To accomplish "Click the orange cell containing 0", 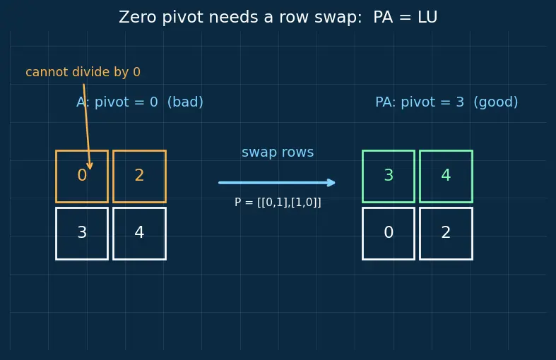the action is [x=82, y=176].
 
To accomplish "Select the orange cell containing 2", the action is [x=139, y=176].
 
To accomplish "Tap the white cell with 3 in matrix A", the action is [x=82, y=234].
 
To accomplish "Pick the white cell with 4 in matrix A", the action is [x=139, y=234].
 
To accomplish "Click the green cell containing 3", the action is [x=389, y=176].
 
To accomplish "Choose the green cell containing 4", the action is [x=446, y=176].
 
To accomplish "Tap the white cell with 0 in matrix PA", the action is [x=389, y=234].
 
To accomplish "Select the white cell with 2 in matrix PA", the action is [x=446, y=234].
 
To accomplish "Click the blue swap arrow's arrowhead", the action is [x=331, y=183].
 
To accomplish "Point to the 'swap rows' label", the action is [x=278, y=152].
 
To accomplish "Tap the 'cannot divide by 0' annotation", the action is [x=83, y=72].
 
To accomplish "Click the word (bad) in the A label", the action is [x=185, y=102].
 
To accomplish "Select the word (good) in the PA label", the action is [x=496, y=102].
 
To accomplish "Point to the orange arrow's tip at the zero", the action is [x=90, y=169].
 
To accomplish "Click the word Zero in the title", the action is [x=138, y=17].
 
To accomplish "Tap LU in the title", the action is [x=427, y=17].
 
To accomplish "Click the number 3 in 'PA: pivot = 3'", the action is [x=460, y=102].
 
